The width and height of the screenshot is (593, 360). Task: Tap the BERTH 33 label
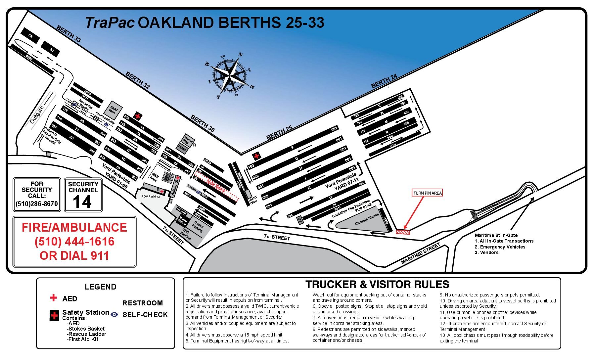click(68, 34)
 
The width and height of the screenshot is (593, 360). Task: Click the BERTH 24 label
click(384, 81)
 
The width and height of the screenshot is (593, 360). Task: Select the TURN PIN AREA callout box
click(427, 193)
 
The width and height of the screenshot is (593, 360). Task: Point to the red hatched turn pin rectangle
click(403, 232)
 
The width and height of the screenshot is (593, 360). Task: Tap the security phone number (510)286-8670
click(37, 204)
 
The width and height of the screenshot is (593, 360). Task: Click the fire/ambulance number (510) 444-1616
click(74, 242)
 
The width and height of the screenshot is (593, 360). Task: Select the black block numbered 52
click(30, 36)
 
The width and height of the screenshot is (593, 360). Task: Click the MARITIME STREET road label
click(420, 253)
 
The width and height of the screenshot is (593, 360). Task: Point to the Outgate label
click(37, 115)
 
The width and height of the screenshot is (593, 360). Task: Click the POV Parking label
click(151, 197)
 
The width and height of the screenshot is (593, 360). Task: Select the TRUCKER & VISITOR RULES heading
click(377, 284)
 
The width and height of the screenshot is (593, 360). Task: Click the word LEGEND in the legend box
click(101, 287)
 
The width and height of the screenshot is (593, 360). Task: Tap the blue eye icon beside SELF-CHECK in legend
click(114, 314)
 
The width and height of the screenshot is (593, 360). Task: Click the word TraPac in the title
click(110, 23)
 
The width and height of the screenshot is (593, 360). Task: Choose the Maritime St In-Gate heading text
click(496, 235)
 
